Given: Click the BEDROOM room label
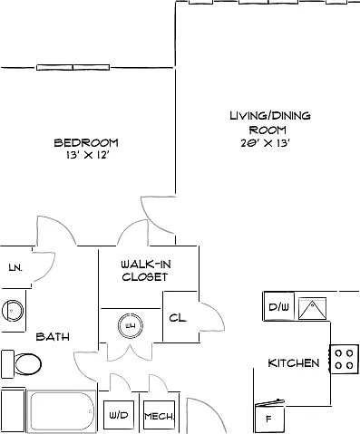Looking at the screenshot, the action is click(86, 142).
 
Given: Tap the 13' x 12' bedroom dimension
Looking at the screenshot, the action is click(87, 155).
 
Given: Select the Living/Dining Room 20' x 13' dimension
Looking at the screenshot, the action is click(266, 143).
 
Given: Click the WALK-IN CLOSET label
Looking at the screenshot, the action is click(146, 271).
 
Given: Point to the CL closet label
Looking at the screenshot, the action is click(178, 318).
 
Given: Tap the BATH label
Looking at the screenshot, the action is click(53, 337).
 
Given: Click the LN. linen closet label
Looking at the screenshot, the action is click(15, 267).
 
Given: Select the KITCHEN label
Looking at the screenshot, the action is click(294, 362).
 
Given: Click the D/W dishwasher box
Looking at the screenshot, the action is click(278, 306).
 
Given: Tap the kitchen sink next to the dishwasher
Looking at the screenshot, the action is click(312, 308).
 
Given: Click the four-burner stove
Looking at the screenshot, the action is click(345, 360).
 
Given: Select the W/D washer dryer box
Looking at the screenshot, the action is click(119, 415).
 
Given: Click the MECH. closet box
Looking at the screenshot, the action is click(159, 415).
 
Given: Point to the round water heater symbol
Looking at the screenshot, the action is click(131, 325).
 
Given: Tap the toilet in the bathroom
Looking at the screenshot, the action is click(21, 364).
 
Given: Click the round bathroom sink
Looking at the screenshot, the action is click(12, 311).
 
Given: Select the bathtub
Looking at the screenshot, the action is click(62, 410).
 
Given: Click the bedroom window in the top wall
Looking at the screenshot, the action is click(73, 67).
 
